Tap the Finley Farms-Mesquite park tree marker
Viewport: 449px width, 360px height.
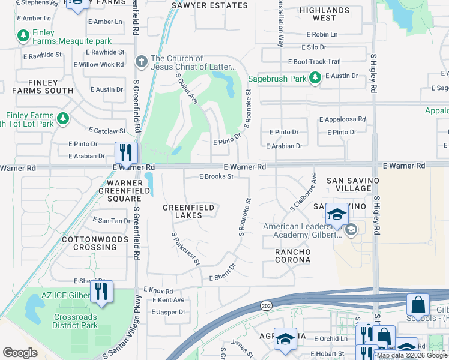tap(24, 37)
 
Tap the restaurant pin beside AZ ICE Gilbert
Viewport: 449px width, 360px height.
tap(101, 292)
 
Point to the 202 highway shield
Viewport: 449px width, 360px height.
tap(265, 305)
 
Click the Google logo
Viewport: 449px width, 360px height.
tap(20, 353)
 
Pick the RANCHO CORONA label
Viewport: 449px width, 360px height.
tap(293, 256)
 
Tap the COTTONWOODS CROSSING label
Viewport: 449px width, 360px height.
tap(95, 243)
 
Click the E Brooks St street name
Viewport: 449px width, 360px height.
tap(216, 176)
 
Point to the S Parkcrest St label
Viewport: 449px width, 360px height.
tap(185, 249)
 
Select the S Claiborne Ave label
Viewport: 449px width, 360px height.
tap(304, 193)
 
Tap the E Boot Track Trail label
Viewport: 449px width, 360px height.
tap(314, 61)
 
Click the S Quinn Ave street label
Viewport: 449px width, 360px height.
tap(187, 89)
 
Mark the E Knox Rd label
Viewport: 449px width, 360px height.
tap(157, 290)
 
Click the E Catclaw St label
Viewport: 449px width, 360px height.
tap(107, 130)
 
